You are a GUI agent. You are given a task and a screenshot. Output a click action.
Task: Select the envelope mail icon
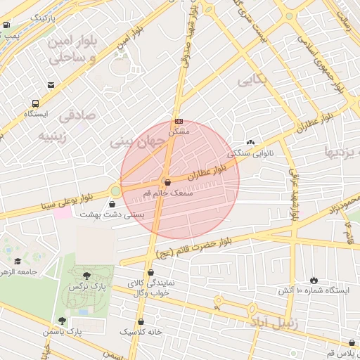[x=51, y=85]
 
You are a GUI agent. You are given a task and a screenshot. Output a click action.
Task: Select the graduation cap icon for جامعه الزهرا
[x=18, y=261]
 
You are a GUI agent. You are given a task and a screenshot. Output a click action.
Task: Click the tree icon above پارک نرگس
[x=86, y=276]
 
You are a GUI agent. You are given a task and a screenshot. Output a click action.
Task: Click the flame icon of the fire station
[x=313, y=280]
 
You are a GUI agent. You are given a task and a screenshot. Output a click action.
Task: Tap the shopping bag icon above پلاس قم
[x=352, y=343]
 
